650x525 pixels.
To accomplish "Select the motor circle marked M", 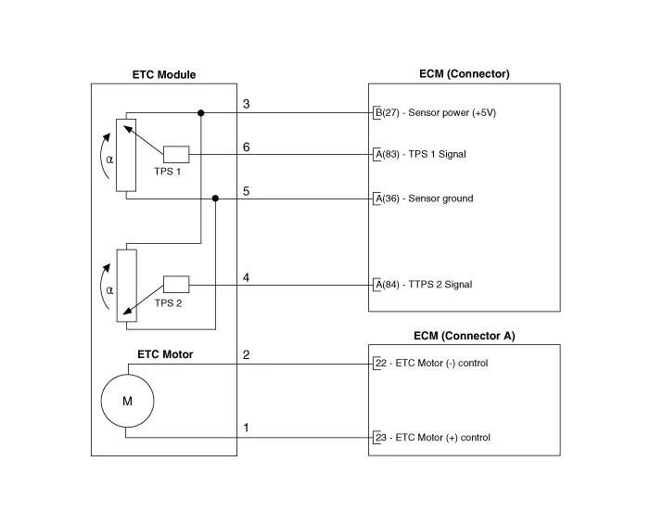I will (127, 401).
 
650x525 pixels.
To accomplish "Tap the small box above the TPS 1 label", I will (176, 154).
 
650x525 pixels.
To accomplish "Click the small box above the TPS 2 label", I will (176, 284).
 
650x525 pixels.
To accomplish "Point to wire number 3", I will (246, 104).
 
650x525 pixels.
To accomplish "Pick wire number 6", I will (246, 147).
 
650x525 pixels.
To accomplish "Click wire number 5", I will (246, 191).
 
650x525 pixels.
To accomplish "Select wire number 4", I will (246, 277).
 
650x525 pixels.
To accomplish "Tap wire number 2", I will (246, 355).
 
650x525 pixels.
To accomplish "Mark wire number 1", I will (246, 429).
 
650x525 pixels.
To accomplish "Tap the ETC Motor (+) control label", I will (431, 437).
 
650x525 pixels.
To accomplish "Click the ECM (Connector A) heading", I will (464, 336).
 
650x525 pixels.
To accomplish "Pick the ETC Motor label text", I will (165, 354).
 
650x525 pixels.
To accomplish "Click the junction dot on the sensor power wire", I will (201, 112).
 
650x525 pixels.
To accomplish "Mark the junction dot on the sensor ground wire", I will (216, 198).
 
